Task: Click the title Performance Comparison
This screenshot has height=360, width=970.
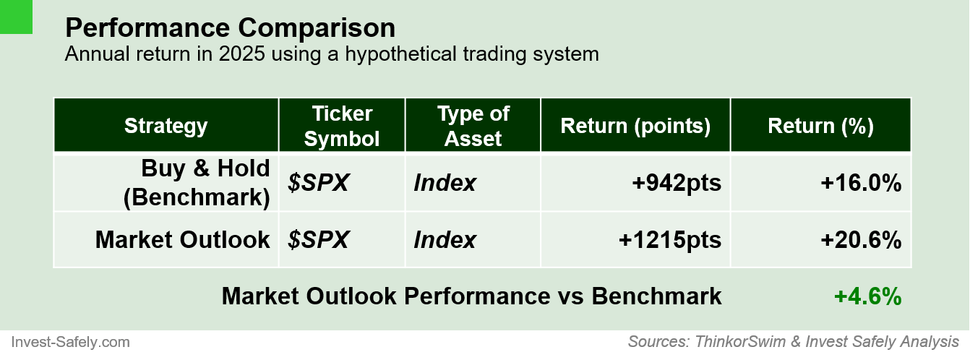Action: tap(230, 28)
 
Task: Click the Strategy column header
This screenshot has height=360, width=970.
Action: tap(166, 126)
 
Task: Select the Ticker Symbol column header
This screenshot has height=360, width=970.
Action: tap(342, 126)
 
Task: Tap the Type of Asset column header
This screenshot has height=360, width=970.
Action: tap(473, 126)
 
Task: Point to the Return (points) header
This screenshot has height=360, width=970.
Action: tap(635, 126)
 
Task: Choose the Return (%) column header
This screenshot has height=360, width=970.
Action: tap(820, 126)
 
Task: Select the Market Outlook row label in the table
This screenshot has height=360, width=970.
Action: tap(182, 239)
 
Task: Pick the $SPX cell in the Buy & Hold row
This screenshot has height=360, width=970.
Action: tap(318, 183)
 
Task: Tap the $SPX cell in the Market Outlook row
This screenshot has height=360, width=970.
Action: tap(318, 239)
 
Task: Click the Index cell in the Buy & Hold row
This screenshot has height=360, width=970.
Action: tap(445, 183)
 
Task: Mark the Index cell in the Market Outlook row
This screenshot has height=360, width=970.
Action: tap(445, 239)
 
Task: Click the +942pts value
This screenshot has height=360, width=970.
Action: tap(676, 183)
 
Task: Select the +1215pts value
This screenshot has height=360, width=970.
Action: tap(670, 239)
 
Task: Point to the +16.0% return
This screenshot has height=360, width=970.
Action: tap(861, 183)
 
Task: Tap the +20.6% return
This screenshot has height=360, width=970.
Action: tap(861, 239)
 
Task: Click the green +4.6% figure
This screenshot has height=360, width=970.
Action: tap(867, 296)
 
